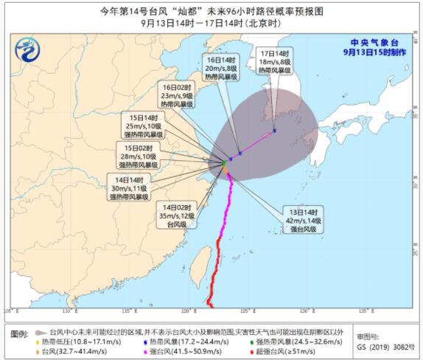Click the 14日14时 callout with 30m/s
click(x=129, y=187)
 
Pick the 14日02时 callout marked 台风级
click(x=177, y=218)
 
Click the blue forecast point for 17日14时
click(x=274, y=131)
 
